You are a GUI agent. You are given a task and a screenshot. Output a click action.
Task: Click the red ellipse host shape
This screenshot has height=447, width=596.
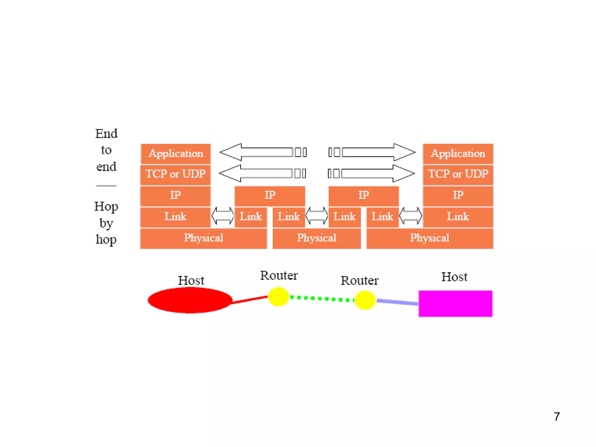pos(190,300)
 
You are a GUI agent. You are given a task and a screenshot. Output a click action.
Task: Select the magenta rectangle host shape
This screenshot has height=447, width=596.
pos(455,304)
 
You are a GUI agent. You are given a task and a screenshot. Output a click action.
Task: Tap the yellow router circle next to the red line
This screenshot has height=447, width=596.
pos(278,297)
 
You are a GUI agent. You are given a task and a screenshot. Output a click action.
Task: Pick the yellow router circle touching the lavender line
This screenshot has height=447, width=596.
pos(365,300)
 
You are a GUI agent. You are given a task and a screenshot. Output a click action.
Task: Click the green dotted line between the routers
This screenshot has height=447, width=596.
pos(322,298)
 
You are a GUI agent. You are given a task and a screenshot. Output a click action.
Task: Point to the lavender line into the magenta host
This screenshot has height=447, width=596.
pos(397,302)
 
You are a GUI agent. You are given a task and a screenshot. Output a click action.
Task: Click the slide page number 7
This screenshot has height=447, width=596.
pos(557,416)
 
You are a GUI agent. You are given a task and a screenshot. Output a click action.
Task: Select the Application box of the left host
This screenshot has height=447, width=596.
pos(175,154)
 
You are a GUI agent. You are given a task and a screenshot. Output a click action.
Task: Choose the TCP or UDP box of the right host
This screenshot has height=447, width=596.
pos(458,174)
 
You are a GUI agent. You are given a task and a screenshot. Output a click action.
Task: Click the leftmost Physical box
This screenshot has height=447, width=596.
pos(203,238)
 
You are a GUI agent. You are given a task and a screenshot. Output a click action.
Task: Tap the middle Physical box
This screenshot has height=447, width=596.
pos(317,238)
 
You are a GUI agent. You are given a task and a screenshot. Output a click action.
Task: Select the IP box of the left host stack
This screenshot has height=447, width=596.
pos(175,195)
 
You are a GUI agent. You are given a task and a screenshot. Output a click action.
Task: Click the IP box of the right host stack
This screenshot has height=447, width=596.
pos(458,195)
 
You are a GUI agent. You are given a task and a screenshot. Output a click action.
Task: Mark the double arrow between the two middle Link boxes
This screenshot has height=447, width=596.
pos(317,216)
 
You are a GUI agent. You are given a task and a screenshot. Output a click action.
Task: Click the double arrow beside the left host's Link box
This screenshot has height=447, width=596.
pos(223,216)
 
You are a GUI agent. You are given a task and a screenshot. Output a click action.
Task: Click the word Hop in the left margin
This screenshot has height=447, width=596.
pos(106,207)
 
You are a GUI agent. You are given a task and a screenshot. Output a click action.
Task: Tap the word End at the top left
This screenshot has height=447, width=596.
pos(106,134)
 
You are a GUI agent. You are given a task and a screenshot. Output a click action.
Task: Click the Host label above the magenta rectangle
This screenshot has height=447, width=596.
pos(454,277)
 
